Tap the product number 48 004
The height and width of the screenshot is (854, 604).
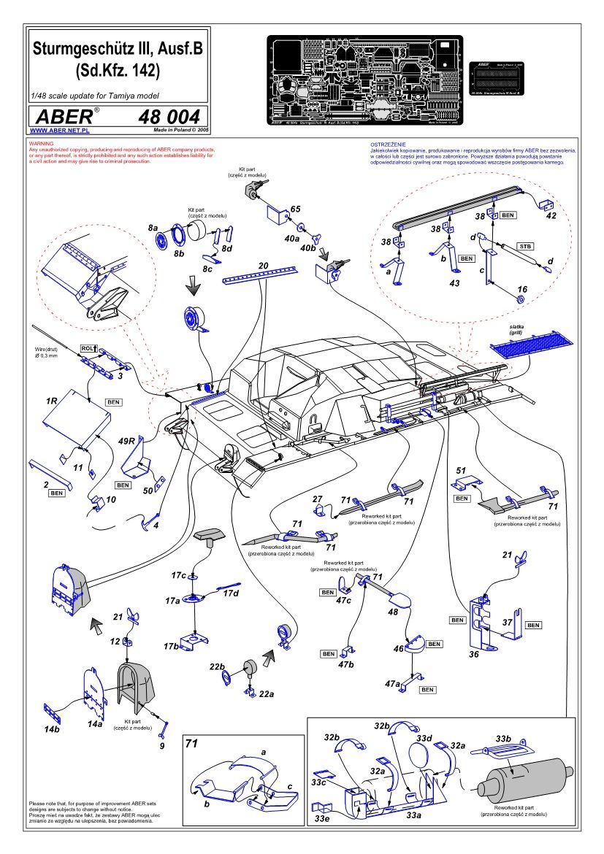168,118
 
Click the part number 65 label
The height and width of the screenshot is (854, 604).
294,209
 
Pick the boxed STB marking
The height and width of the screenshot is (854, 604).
524,246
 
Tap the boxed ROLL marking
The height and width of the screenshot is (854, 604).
88,350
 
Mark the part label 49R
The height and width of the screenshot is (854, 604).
127,441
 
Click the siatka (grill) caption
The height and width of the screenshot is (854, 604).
518,330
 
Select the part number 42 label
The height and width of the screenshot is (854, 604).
550,216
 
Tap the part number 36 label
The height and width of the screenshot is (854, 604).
473,655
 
